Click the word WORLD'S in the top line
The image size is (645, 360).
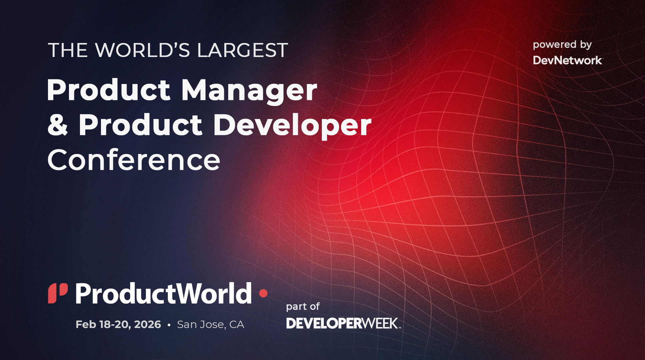[x=143, y=50]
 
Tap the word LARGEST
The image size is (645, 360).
[x=242, y=50]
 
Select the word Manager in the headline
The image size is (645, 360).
[x=249, y=91]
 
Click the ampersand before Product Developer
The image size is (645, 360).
[x=58, y=125]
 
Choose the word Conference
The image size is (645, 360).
[x=134, y=160]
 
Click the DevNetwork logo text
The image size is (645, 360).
[x=567, y=60]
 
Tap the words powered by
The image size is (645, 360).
[x=562, y=45]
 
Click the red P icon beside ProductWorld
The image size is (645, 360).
[x=58, y=293]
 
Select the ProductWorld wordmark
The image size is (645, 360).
[x=163, y=293]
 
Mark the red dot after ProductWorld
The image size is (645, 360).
[x=263, y=293]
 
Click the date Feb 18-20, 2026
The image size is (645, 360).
[x=118, y=324]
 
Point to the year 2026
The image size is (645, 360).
[x=148, y=324]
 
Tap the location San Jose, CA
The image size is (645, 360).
[x=211, y=324]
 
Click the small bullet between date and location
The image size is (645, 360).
[x=169, y=325]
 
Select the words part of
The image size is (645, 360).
[x=303, y=307]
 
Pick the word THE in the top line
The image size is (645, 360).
[x=68, y=50]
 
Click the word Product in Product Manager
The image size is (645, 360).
[x=108, y=91]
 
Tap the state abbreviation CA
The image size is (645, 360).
[x=237, y=324]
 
